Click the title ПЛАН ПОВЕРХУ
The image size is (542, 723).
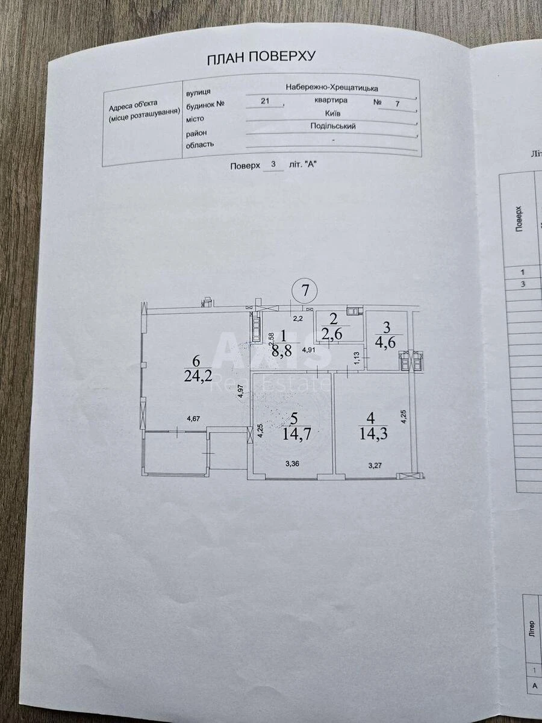[x=261, y=58]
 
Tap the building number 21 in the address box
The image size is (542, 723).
[x=265, y=101]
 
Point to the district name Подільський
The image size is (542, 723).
[x=332, y=127]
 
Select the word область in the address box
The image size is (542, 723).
[x=200, y=145]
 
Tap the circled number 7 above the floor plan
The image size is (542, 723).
[x=305, y=290]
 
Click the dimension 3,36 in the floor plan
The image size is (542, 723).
[x=291, y=464]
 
